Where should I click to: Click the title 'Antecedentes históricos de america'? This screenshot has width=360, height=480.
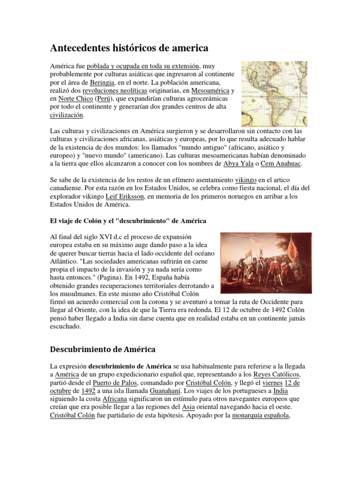129,48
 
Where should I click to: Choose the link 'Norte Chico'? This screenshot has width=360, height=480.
75,99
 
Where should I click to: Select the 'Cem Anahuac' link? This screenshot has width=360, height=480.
280,164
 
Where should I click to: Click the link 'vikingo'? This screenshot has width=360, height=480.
247,180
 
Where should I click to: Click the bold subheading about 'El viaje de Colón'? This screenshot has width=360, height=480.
127,220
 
